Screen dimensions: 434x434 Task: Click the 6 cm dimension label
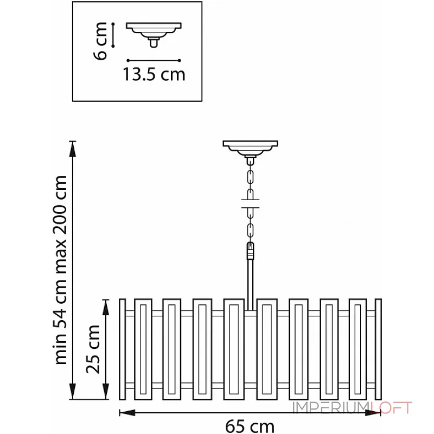(x=100, y=41)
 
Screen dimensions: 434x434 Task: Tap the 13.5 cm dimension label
(x=154, y=74)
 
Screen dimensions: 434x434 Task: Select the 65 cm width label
(x=250, y=426)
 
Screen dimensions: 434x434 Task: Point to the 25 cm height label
(x=93, y=349)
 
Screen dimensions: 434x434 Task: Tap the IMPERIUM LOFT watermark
(x=352, y=407)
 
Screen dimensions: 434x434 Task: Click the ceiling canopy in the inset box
(x=154, y=35)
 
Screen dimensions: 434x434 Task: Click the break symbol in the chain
(x=250, y=203)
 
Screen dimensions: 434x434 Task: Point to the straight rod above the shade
(x=250, y=284)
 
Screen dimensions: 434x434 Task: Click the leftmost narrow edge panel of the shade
(x=123, y=349)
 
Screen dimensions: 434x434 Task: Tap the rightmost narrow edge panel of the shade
(x=378, y=349)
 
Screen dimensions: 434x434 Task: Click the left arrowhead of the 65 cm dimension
(x=127, y=413)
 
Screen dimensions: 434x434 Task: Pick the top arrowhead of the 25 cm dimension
(x=106, y=307)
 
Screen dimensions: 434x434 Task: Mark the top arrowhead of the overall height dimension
(x=73, y=149)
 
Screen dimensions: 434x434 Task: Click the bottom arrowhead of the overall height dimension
(x=73, y=391)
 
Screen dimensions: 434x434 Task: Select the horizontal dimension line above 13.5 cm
(x=154, y=60)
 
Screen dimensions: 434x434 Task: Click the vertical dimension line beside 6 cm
(x=113, y=35)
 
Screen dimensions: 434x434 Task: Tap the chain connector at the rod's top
(x=250, y=251)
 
